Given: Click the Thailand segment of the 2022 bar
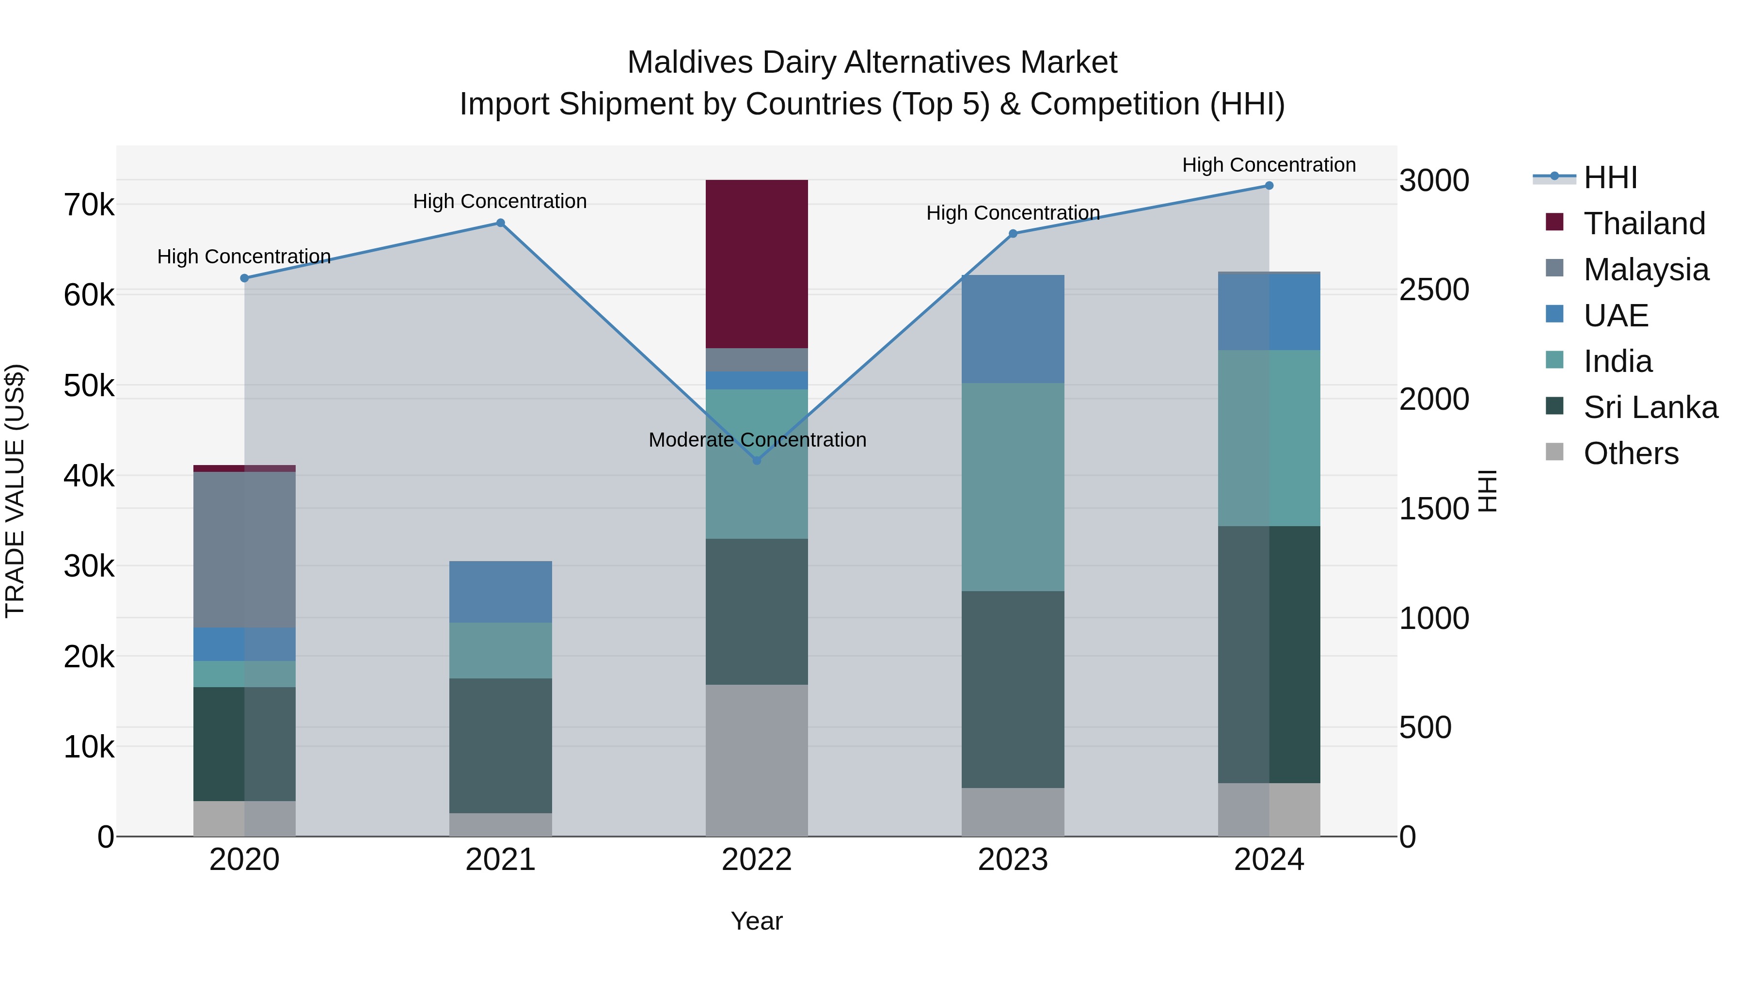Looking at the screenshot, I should coord(757,264).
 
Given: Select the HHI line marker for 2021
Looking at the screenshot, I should coord(501,223).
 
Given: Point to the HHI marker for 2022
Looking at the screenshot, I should coord(757,461).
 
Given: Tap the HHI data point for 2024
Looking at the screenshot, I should coord(1269,186).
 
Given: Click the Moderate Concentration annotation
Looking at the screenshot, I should coord(757,440).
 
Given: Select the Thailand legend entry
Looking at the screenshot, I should coord(1644,224).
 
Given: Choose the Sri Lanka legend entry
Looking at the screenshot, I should coord(1650,407).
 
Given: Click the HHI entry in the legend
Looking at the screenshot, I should coord(1610,177).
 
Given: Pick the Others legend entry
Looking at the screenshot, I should coord(1631,453).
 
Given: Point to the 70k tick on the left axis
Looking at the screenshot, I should coord(89,205).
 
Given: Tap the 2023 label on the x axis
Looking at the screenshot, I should coord(1013,860).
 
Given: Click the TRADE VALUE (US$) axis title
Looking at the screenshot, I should coord(16,491).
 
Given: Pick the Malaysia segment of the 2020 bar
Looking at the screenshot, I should coord(245,549).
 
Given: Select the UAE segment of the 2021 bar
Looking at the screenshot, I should coord(501,592).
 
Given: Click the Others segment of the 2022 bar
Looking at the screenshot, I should coord(757,760).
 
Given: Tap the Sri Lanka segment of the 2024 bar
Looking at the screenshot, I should coord(1269,655).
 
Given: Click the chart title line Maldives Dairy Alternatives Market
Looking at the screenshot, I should coord(872,63).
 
